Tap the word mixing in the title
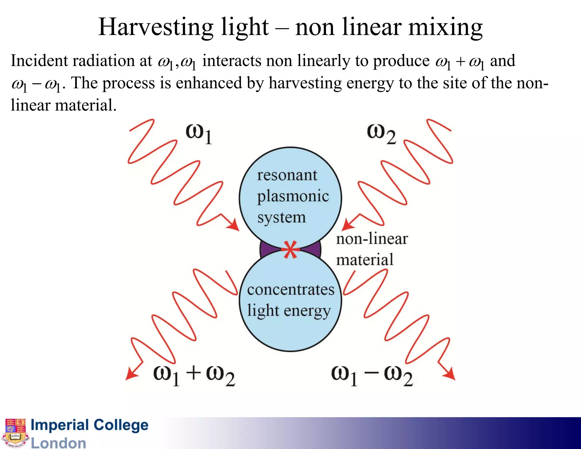point(445,27)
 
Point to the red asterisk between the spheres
point(290,249)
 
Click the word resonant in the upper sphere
point(287,175)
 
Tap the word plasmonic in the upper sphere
point(293,196)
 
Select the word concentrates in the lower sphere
point(290,290)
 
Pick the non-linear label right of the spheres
point(372,239)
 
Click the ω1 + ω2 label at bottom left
point(194,375)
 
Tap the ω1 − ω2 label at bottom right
point(372,375)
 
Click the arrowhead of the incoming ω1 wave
point(234,225)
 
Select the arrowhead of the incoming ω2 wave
point(347,225)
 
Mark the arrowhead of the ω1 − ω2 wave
point(450,374)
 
